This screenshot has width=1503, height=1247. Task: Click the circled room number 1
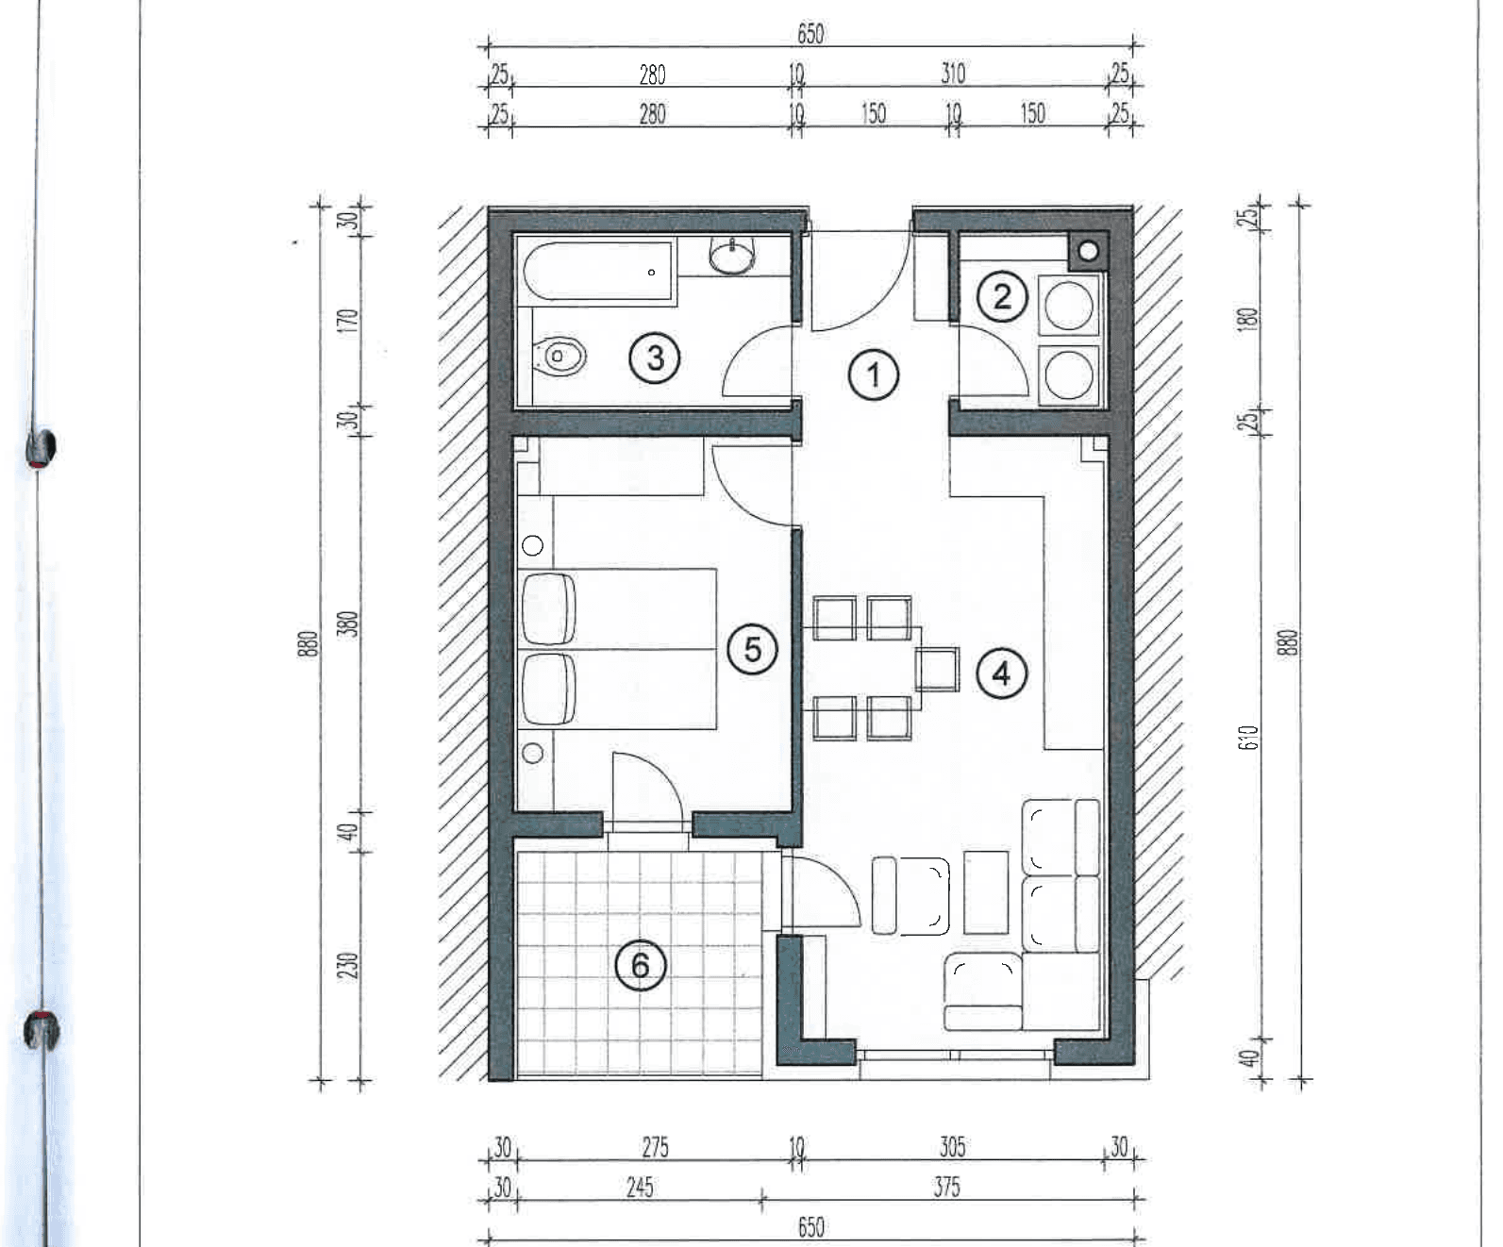coord(873,374)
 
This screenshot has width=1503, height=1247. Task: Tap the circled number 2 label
coord(1001,296)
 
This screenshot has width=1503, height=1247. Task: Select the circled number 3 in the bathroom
coord(655,357)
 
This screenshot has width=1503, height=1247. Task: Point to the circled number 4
coord(1001,674)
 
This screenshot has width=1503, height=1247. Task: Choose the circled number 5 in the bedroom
coord(752,649)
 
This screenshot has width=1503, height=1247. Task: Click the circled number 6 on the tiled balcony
coord(641,966)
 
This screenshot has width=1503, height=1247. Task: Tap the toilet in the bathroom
coord(559,357)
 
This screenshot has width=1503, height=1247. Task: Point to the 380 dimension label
coord(347,623)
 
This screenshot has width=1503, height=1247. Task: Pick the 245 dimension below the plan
coord(640,1187)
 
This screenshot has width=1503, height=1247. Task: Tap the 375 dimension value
coord(946,1187)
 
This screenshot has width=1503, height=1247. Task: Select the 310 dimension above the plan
coord(953,74)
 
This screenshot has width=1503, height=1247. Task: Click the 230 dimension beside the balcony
coord(347,965)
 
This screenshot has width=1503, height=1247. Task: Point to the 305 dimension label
coord(952,1147)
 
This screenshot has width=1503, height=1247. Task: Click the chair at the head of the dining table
coord(937,669)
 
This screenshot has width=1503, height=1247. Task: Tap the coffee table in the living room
coord(985,892)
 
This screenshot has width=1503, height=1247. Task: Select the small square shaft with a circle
coord(1087,251)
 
